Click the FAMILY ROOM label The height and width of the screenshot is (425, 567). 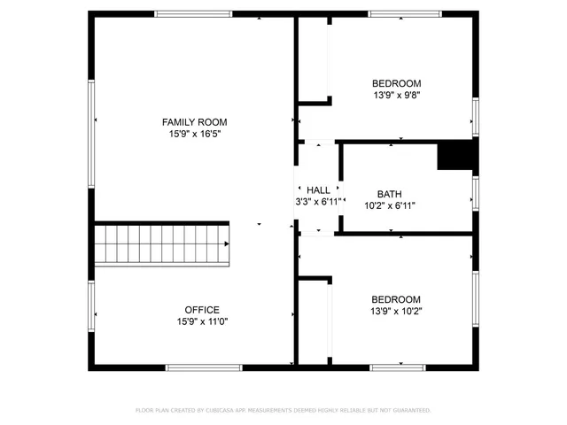coord(194,121)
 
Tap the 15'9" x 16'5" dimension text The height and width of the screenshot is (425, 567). coord(194,134)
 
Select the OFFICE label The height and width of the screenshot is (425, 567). coord(201,310)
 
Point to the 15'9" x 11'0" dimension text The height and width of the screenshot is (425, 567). coord(201,322)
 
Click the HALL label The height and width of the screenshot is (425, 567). coord(318,190)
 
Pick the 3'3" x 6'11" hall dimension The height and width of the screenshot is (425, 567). coord(318,202)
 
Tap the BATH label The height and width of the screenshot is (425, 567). coord(389,194)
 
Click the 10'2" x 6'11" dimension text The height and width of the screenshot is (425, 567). coord(389,205)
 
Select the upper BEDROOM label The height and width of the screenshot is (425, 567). coord(396,84)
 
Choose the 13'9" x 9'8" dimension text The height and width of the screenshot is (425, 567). coord(396,96)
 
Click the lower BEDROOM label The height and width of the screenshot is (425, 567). coord(396,299)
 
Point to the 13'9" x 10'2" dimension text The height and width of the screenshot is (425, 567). coord(396,312)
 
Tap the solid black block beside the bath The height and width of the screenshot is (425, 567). coord(456,156)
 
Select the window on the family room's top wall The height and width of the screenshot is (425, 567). coord(193,14)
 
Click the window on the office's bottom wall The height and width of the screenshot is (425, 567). coord(203,367)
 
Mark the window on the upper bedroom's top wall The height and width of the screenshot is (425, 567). coord(405,14)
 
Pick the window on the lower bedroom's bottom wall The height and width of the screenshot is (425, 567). coord(398,367)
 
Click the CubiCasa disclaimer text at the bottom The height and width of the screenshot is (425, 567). coord(283,411)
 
